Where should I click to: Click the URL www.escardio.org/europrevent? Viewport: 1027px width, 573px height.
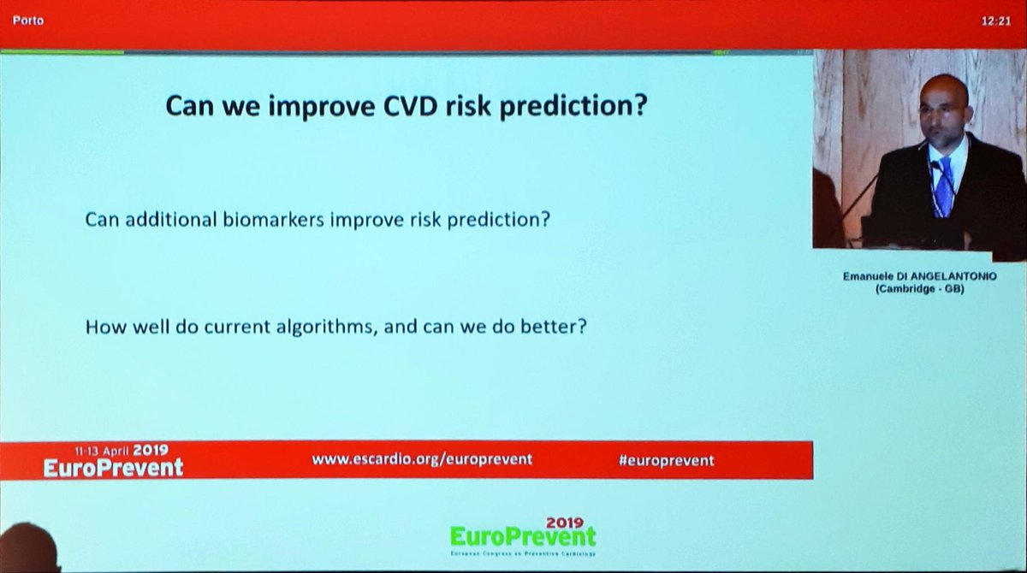422,459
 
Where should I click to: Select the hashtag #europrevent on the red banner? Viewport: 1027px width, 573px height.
666,460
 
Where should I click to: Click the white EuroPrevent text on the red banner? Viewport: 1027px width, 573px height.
114,467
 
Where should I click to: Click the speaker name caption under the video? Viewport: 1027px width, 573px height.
918,275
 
